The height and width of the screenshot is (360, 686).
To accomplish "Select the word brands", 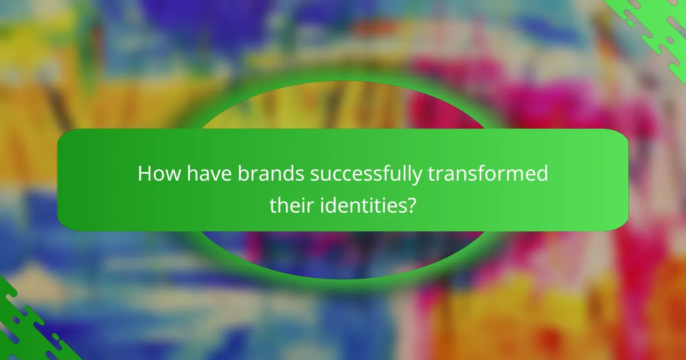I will (x=271, y=174).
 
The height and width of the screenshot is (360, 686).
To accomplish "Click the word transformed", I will (x=488, y=174).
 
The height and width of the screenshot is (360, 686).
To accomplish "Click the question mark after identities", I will (x=410, y=205).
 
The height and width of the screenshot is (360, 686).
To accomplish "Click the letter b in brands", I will (x=242, y=174).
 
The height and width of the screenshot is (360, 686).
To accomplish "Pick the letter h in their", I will (x=282, y=204).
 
